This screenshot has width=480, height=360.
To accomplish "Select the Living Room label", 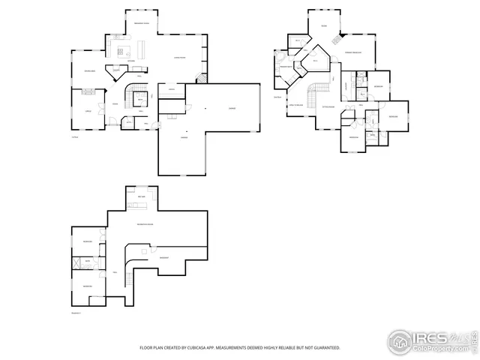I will (180, 57).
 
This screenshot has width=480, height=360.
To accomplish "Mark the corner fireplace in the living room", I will (200, 77).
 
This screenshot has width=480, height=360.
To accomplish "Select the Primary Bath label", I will (286, 69).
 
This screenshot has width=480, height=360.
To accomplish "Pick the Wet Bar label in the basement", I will (141, 196).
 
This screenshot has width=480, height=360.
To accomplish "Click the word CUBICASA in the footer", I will (218, 348).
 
